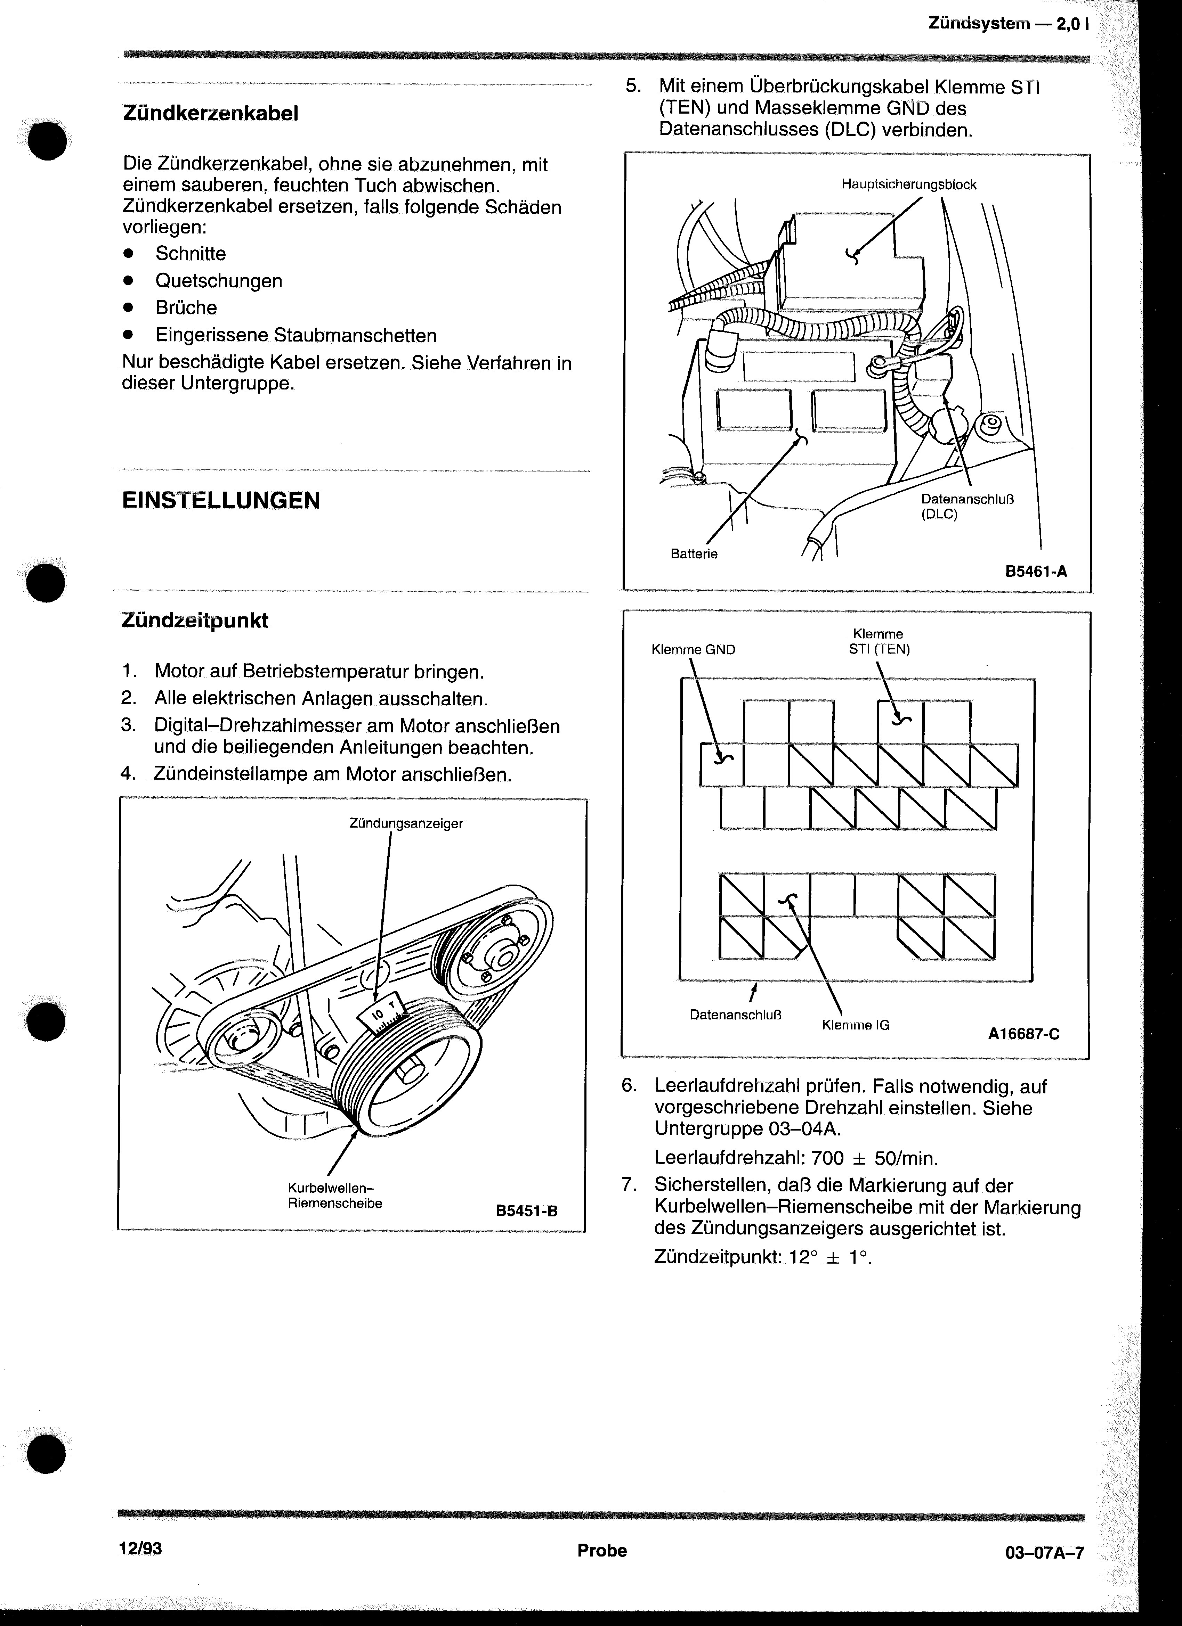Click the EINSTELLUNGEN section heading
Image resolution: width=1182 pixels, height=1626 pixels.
coord(221,500)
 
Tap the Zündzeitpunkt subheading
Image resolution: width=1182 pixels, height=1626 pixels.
coord(195,620)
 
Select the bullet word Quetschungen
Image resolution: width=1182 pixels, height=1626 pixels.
coord(219,281)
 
